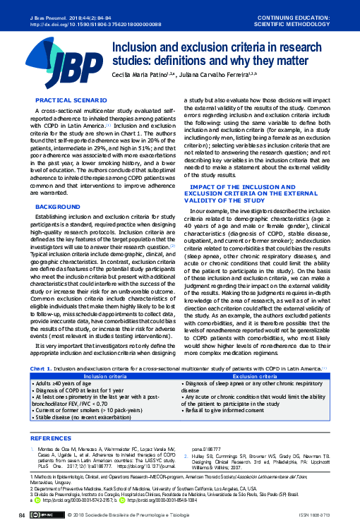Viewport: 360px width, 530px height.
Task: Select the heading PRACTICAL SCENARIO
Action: pyautogui.click(x=65, y=101)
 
